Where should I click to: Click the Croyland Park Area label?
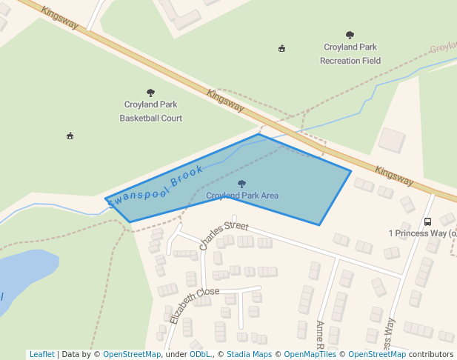pos(242,196)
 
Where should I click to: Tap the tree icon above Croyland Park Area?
pos(241,184)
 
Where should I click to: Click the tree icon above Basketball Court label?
pos(151,93)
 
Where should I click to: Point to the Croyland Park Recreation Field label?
pos(350,54)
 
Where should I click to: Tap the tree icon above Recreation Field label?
pos(350,35)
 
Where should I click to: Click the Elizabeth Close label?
pos(194,304)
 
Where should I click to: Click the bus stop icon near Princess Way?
pos(428,221)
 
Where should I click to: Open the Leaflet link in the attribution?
pos(41,354)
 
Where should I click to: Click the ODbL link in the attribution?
pos(200,354)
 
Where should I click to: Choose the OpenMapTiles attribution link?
pos(310,354)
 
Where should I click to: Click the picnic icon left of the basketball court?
pos(70,136)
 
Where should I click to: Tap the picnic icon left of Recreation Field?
pos(281,49)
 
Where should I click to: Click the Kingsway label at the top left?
pos(60,19)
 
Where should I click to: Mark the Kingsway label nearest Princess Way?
pos(394,175)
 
